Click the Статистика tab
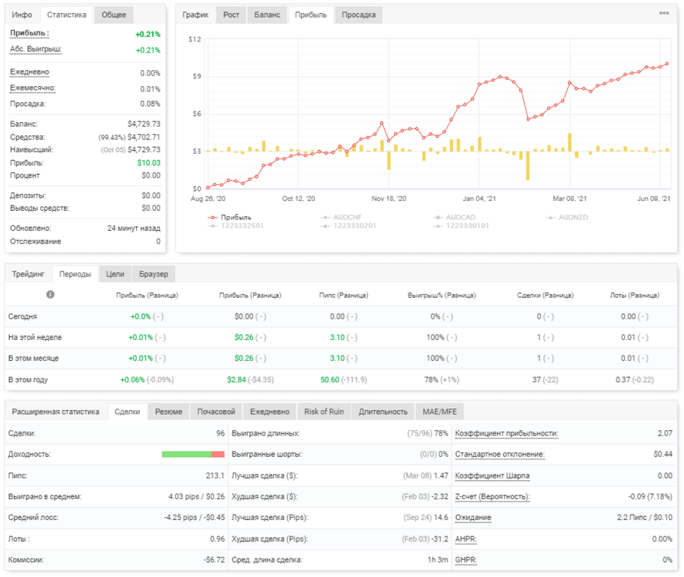[x=66, y=15]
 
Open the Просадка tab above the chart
[x=359, y=15]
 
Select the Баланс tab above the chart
[x=267, y=15]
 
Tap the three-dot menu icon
[x=664, y=13]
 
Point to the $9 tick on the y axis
[x=197, y=76]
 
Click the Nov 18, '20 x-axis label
[x=389, y=198]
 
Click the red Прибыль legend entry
[x=229, y=217]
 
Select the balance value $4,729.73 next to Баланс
[x=144, y=124]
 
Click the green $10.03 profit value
[x=148, y=162]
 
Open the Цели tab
[x=115, y=274]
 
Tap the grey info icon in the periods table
[x=51, y=295]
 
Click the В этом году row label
[x=28, y=379]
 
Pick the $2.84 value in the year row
[x=236, y=379]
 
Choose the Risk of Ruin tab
[x=324, y=412]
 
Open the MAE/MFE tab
[x=439, y=412]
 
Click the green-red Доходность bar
[x=193, y=455]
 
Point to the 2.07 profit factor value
[x=665, y=433]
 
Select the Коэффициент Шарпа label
[x=492, y=475]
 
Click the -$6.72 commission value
[x=214, y=559]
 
